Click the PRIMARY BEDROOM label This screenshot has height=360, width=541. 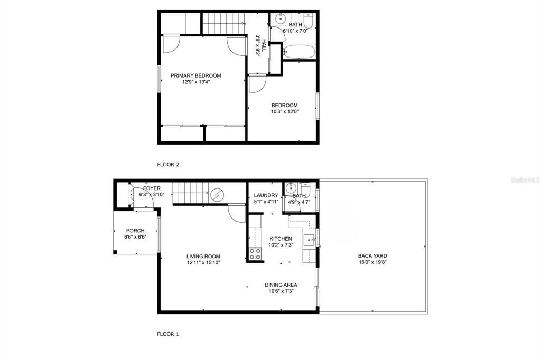tap(195, 75)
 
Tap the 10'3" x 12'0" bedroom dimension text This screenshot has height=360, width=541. tap(284, 111)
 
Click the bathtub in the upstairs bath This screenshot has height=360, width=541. tap(299, 52)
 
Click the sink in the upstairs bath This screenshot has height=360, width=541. tap(279, 19)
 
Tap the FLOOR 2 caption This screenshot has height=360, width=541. tap(168, 164)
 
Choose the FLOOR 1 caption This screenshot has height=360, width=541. tap(168, 334)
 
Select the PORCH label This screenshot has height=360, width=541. tap(135, 231)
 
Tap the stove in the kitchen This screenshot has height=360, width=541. tap(255, 254)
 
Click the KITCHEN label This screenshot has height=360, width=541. tap(281, 239)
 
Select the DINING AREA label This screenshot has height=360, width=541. tap(281, 285)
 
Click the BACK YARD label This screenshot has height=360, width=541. tap(372, 256)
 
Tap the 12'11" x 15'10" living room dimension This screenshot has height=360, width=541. tap(203, 262)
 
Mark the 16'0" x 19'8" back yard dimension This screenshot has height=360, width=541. tap(372, 262)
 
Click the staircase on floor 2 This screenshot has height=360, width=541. tap(222, 23)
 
